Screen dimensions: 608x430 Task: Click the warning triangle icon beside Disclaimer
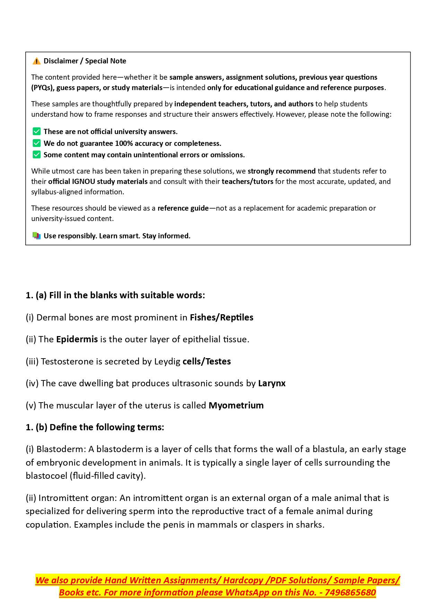pyautogui.click(x=36, y=61)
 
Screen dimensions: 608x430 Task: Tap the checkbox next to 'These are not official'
pyautogui.click(x=36, y=132)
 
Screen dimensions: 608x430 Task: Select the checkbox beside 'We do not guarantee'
pyautogui.click(x=36, y=143)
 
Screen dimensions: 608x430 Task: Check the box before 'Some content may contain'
pyautogui.click(x=36, y=155)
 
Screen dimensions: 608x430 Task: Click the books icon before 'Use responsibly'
pyautogui.click(x=36, y=236)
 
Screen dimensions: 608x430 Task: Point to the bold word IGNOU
pyautogui.click(x=83, y=182)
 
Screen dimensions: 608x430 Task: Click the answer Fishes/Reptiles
pyautogui.click(x=221, y=317)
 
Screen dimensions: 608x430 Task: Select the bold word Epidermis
pyautogui.click(x=77, y=339)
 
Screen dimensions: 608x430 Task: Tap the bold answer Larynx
pyautogui.click(x=272, y=383)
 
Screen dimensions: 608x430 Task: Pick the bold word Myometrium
pyautogui.click(x=236, y=405)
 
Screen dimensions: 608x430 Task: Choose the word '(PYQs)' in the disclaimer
pyautogui.click(x=43, y=88)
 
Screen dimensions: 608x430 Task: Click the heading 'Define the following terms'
pyautogui.click(x=107, y=427)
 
